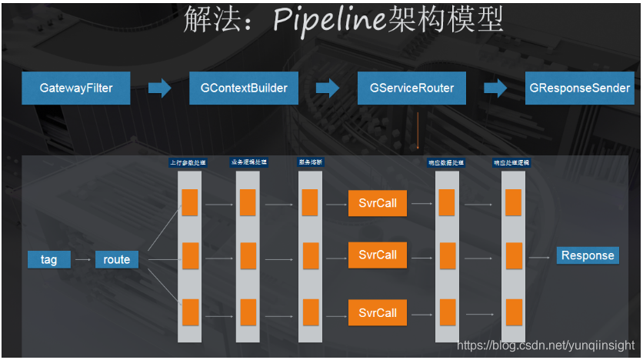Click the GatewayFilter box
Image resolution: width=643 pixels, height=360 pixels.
tap(76, 88)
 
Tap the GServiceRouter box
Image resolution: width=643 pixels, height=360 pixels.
tap(411, 88)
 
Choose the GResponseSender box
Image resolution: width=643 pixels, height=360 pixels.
tap(580, 88)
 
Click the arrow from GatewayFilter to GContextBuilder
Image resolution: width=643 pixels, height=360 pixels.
tap(160, 88)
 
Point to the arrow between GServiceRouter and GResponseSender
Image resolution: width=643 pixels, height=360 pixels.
tap(495, 88)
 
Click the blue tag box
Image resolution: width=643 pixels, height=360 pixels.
tap(49, 259)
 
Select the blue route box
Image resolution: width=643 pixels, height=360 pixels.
tap(117, 259)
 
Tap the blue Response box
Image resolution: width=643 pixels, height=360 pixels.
tap(588, 255)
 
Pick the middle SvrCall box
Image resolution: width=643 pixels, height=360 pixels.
tap(378, 255)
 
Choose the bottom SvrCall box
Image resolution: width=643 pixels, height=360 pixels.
tap(378, 313)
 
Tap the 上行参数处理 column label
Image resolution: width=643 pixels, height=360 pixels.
tap(188, 162)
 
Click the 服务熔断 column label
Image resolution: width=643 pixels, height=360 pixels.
tap(310, 162)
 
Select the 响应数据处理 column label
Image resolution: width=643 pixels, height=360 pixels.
tap(447, 162)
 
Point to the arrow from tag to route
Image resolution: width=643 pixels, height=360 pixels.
tap(82, 260)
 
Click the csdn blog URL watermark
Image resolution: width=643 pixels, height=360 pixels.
tap(545, 345)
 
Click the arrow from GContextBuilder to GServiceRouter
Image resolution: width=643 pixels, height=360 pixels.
tap(328, 88)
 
